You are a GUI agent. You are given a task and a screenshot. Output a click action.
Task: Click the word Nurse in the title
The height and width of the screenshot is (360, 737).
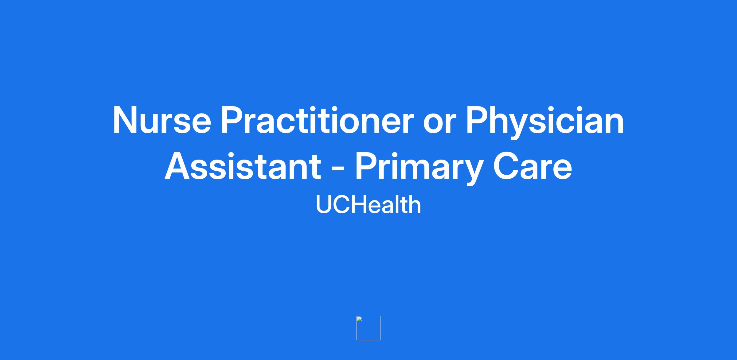pos(162,120)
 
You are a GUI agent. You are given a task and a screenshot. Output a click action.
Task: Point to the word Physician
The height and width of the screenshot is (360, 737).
pos(545,122)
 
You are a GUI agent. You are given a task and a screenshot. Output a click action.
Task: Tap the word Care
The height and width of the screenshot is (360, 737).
pos(533,166)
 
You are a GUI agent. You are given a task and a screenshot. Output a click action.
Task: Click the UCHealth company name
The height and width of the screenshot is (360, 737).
pos(368,204)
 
